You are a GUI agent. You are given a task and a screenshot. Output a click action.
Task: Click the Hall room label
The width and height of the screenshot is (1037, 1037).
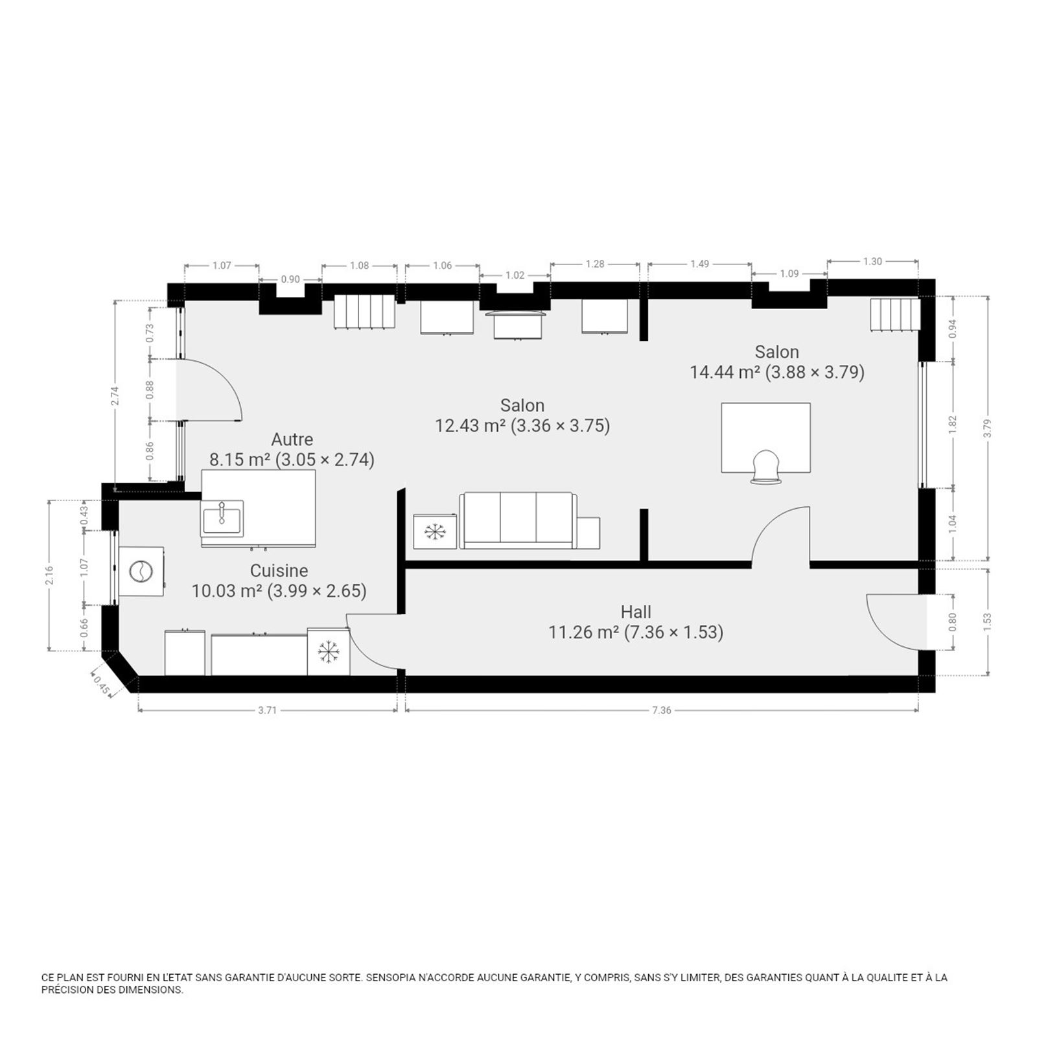tap(636, 611)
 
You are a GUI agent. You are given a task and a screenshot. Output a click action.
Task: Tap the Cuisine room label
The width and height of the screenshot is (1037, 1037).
tap(279, 570)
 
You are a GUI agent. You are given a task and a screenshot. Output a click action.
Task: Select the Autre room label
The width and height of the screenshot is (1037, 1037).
tap(292, 439)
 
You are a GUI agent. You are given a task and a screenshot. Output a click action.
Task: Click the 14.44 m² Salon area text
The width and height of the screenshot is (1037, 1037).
tap(776, 372)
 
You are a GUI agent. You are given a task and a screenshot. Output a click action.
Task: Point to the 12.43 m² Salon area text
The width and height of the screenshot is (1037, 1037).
tap(522, 425)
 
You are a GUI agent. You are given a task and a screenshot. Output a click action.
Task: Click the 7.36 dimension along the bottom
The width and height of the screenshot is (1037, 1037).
tap(662, 710)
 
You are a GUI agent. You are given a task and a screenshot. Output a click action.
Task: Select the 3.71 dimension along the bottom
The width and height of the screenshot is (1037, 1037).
tap(267, 710)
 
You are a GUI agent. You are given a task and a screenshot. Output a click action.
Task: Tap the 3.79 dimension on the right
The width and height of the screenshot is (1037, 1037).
tap(987, 428)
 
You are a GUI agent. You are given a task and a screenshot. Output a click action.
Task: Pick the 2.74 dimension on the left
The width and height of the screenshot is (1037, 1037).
tap(115, 396)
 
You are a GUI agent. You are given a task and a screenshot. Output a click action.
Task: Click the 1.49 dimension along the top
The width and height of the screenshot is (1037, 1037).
tap(699, 264)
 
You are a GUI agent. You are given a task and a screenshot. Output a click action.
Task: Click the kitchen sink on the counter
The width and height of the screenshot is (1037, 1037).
tap(222, 518)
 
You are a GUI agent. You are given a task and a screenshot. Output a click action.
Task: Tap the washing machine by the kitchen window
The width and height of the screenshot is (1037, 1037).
tap(141, 572)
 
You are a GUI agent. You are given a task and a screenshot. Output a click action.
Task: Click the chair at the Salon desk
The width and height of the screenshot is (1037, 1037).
tap(766, 467)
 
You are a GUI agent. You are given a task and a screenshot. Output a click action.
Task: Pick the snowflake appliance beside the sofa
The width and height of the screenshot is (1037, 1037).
tap(435, 531)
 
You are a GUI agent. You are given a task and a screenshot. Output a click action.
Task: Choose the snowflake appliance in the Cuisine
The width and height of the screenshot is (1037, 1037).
tap(329, 651)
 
